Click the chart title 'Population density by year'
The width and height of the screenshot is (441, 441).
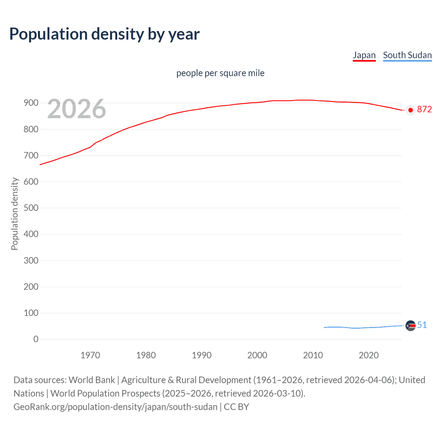(x=104, y=34)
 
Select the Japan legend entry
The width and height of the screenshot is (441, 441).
(x=364, y=55)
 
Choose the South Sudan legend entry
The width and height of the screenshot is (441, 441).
(x=407, y=55)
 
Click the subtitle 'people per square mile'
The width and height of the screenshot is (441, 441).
(x=220, y=73)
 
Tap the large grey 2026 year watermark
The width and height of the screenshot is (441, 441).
(x=76, y=109)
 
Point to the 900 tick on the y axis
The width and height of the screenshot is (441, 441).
(x=31, y=103)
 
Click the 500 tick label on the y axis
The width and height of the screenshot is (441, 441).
(x=31, y=208)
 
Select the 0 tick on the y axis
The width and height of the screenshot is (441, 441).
(x=36, y=339)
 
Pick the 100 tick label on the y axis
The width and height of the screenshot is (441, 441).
(x=31, y=313)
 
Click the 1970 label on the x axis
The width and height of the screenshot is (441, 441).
(x=90, y=355)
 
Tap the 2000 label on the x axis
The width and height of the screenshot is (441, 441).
(x=257, y=355)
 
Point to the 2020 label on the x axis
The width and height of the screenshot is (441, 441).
(x=369, y=355)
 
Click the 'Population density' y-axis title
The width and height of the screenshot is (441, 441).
(x=14, y=214)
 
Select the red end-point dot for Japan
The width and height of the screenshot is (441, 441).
(x=410, y=110)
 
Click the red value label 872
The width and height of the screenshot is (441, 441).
(x=424, y=110)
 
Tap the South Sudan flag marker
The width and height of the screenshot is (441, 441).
(x=410, y=326)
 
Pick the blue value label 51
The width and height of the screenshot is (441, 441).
(x=422, y=325)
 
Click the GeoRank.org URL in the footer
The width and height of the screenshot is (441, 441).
(x=115, y=407)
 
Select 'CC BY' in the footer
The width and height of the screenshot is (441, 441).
(x=236, y=407)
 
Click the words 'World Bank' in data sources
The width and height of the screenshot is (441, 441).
(x=92, y=380)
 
